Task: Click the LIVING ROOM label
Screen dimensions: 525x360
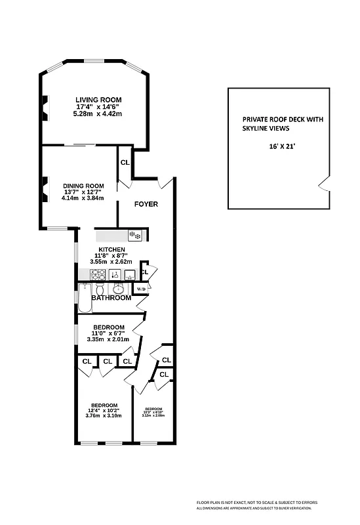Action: tap(99, 100)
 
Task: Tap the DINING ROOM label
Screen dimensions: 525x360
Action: tap(83, 185)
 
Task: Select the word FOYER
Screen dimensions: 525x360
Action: tap(146, 204)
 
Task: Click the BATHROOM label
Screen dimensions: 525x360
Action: tap(111, 298)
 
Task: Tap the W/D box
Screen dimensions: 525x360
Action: tap(141, 289)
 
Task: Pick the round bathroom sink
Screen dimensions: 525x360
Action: tap(119, 289)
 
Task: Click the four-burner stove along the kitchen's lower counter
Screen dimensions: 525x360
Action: tap(98, 274)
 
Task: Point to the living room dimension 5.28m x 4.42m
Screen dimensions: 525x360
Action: tap(99, 114)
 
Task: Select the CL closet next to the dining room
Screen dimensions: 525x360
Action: tap(125, 162)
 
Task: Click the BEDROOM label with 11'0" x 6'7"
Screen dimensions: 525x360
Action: tap(109, 327)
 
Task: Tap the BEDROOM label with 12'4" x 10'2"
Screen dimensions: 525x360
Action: tap(104, 405)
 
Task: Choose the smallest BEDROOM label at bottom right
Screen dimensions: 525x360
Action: tap(153, 408)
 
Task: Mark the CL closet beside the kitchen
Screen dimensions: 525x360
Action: tap(145, 271)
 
